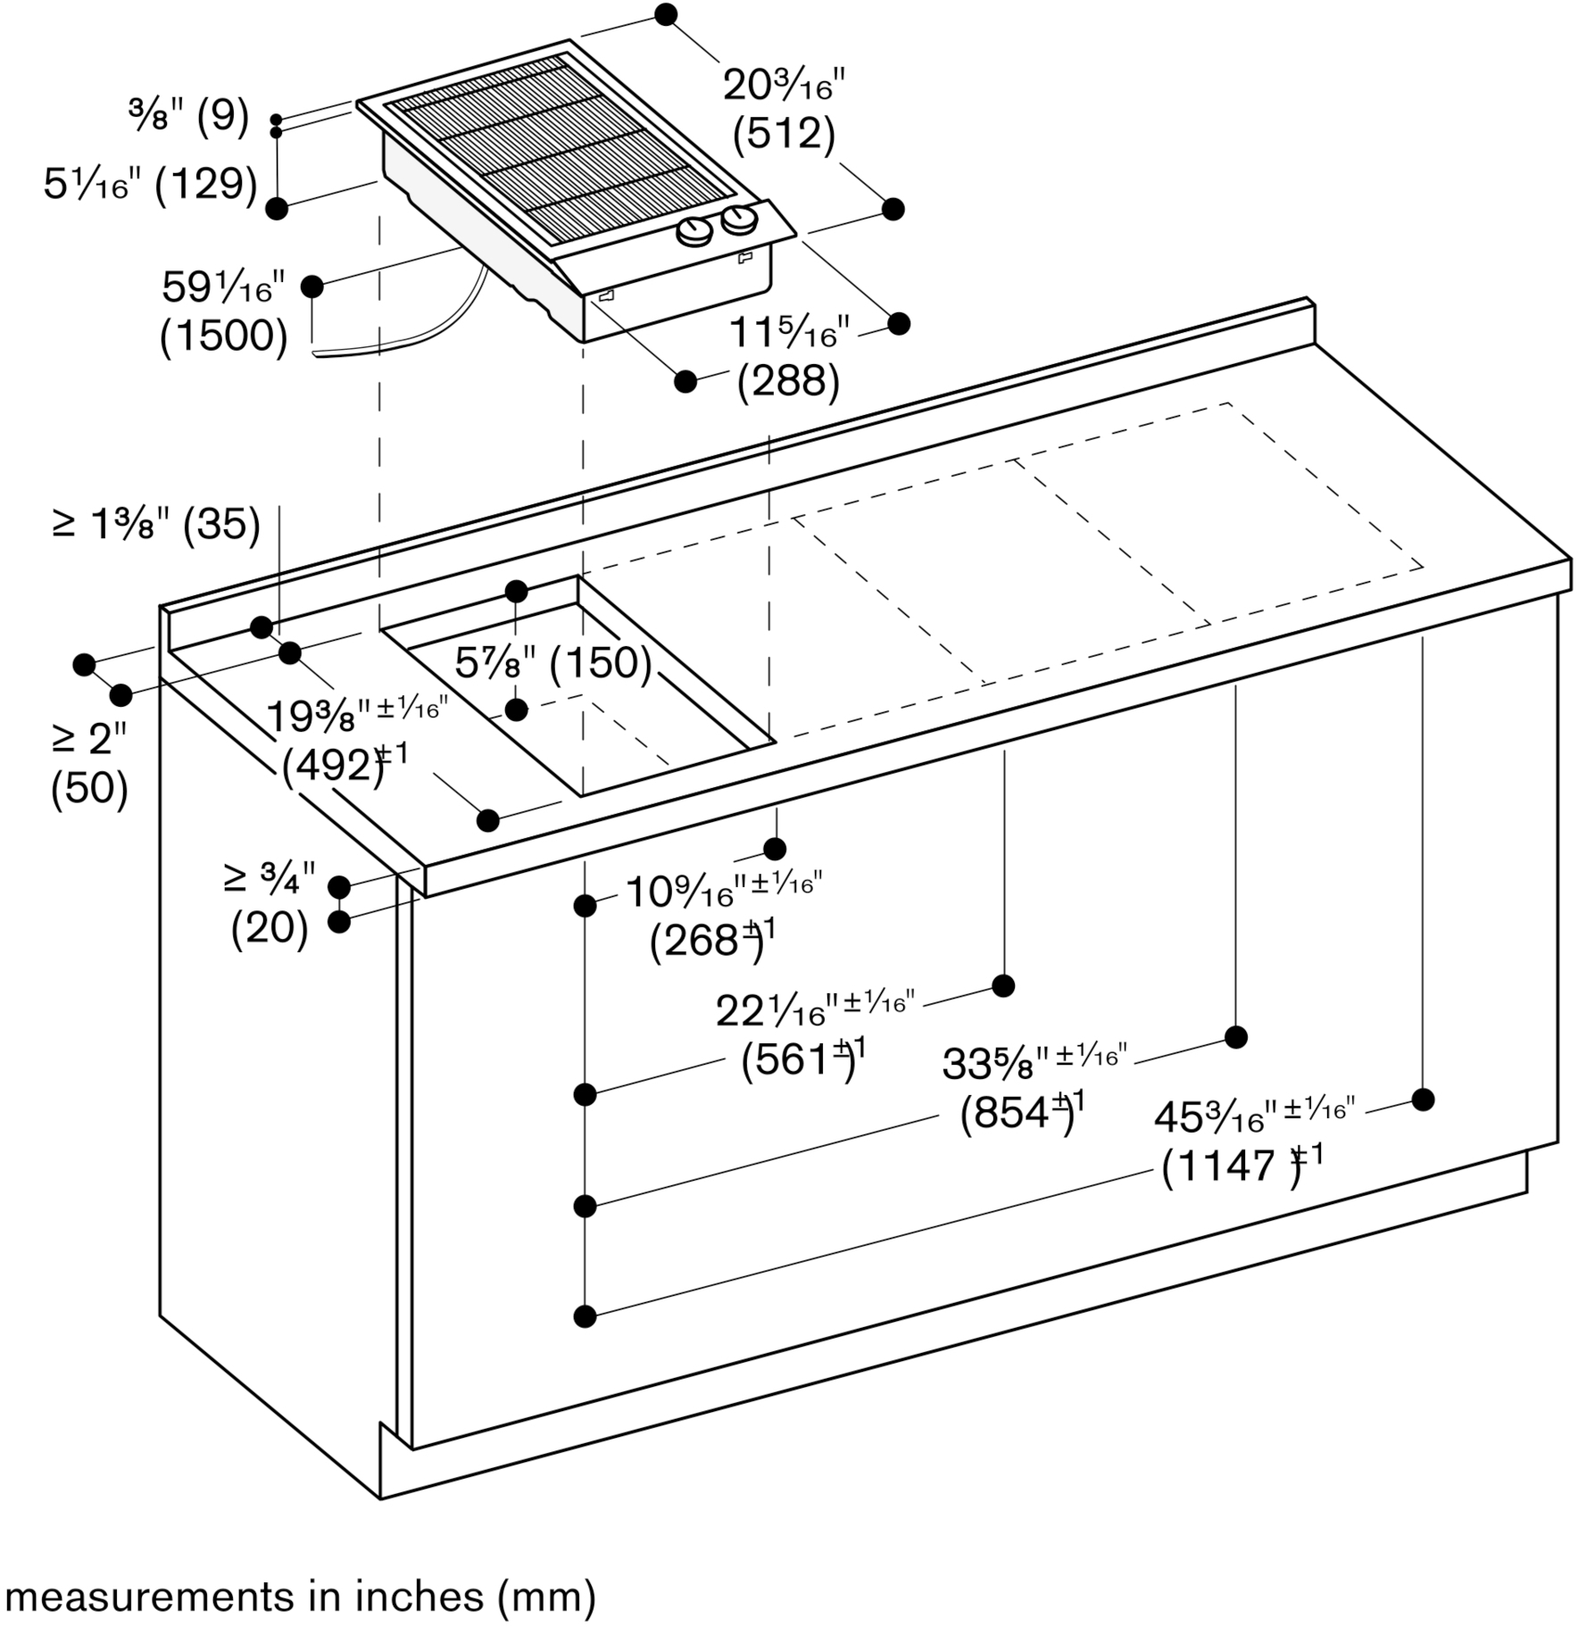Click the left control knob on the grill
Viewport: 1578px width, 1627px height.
tap(694, 233)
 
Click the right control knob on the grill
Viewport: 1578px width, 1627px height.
tap(739, 220)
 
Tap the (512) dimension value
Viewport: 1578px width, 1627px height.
tap(784, 134)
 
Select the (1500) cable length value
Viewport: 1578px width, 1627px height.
tap(224, 336)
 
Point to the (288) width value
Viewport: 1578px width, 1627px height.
tap(788, 381)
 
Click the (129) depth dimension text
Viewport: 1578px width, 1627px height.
tap(206, 184)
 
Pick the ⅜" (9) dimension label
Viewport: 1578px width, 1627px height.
tap(188, 116)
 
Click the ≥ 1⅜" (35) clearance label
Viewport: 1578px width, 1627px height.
tap(156, 524)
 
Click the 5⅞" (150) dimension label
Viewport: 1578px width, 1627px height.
tap(553, 662)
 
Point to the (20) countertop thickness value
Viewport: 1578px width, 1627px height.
tap(270, 928)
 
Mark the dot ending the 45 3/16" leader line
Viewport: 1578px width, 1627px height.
tap(1423, 1099)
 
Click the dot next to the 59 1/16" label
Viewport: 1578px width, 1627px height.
tap(311, 286)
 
